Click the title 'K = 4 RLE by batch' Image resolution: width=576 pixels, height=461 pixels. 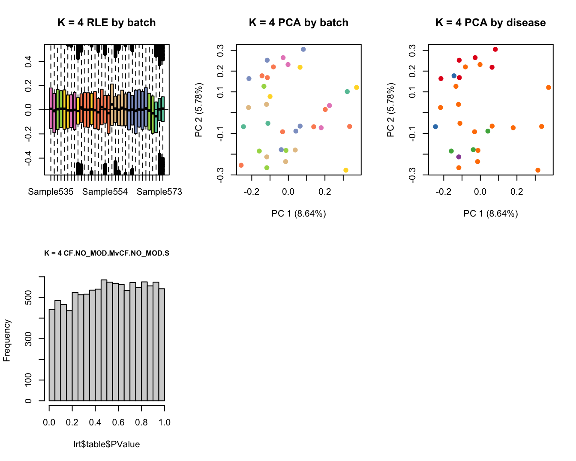(107, 23)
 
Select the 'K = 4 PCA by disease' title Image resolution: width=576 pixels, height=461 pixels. (490, 23)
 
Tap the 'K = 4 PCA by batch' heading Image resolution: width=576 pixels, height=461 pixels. (298, 23)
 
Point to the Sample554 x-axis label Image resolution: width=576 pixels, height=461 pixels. (105, 192)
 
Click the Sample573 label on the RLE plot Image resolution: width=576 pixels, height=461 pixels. (159, 192)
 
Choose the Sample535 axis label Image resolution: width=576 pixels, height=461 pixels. (51, 192)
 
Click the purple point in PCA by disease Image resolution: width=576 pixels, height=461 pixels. (459, 157)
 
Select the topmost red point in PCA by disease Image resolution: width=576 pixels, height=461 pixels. (495, 49)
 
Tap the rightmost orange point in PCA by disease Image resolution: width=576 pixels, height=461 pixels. (549, 87)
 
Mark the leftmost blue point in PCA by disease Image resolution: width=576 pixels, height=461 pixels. (435, 127)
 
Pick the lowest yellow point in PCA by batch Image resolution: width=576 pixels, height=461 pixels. (346, 170)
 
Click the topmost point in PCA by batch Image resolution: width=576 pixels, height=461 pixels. (303, 49)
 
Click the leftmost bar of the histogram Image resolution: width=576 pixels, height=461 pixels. (52, 355)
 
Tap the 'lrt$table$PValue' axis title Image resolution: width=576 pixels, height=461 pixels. (107, 444)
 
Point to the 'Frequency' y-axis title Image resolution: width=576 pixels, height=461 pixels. (6, 340)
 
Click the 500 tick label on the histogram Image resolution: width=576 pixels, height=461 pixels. (28, 298)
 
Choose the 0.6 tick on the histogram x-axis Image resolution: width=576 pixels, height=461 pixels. (118, 422)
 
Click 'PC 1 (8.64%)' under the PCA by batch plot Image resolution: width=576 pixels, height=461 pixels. (298, 214)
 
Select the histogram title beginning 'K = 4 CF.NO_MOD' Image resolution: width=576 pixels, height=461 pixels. (107, 253)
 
